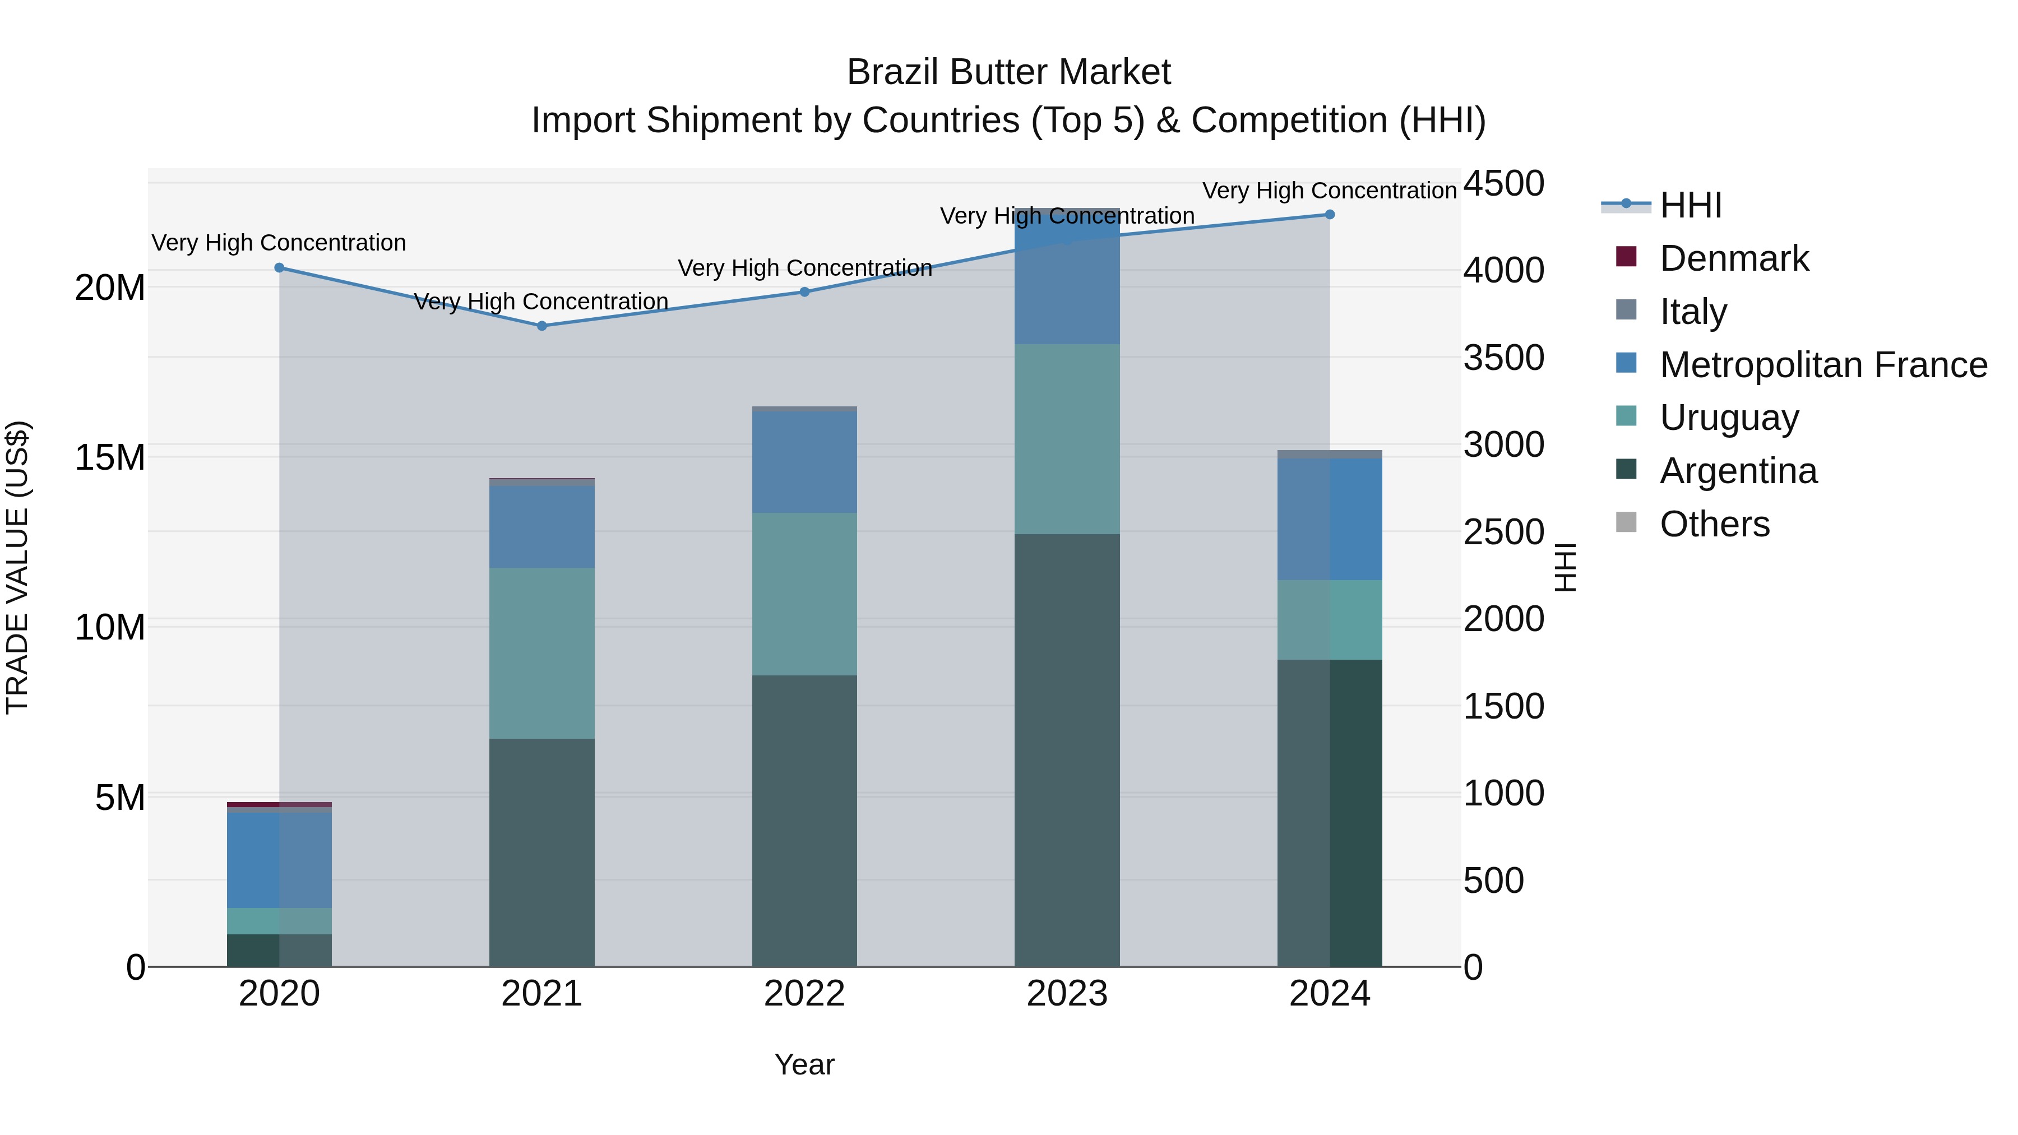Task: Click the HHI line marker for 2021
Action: click(541, 326)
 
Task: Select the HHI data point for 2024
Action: click(1330, 215)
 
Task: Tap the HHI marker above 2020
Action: click(279, 268)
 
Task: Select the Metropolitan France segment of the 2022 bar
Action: click(804, 462)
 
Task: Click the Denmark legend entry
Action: click(1734, 258)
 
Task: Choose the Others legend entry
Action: click(1714, 524)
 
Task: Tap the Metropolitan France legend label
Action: click(1823, 365)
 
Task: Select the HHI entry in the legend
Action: click(1691, 205)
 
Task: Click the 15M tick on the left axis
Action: click(110, 457)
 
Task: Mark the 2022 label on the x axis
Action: click(804, 994)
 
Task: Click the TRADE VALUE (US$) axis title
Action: click(18, 567)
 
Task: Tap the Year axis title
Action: click(804, 1064)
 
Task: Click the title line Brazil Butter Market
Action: click(1008, 73)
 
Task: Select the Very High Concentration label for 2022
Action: click(804, 268)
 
